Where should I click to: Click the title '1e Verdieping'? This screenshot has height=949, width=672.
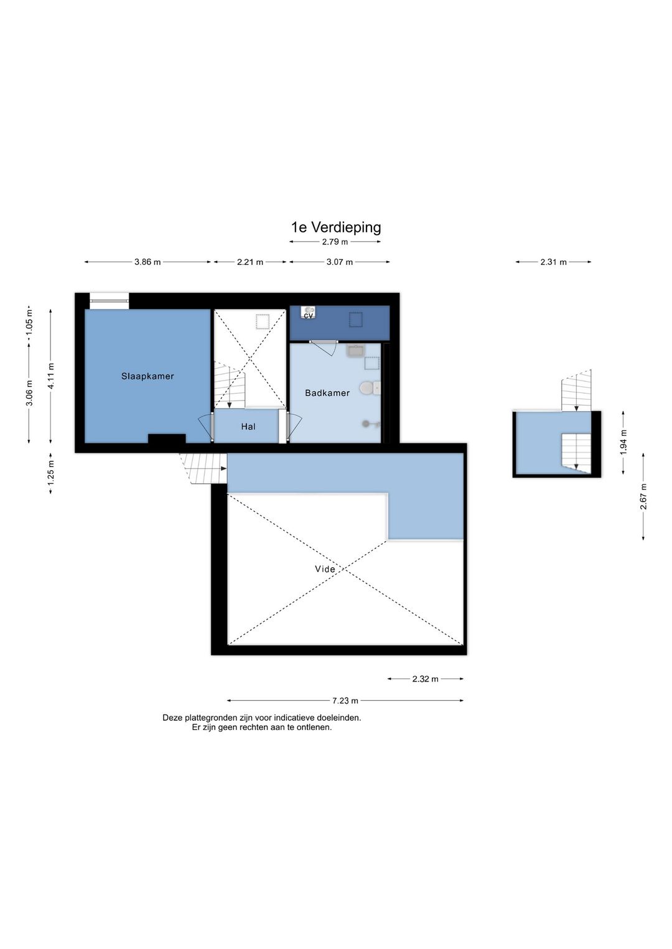[336, 228]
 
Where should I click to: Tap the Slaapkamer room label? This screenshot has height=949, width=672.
[147, 376]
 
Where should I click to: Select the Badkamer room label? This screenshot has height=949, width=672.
[327, 393]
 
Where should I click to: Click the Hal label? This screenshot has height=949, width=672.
[248, 427]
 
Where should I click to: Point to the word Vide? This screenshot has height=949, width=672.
[325, 570]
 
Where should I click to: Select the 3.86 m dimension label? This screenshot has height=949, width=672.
[147, 262]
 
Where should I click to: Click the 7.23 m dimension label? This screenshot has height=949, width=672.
[345, 701]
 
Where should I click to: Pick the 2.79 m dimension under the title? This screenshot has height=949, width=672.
[335, 242]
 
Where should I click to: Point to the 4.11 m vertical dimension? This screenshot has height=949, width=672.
[51, 376]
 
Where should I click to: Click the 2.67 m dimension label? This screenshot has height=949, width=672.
[643, 496]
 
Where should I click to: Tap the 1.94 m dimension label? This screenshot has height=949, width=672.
[623, 442]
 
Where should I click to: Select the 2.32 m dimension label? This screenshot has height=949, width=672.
[425, 679]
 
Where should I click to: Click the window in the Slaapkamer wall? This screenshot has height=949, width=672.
[110, 301]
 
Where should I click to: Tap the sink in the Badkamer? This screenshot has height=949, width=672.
[355, 351]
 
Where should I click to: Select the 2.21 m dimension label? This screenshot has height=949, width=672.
[250, 262]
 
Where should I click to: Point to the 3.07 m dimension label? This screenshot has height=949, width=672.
[340, 262]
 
